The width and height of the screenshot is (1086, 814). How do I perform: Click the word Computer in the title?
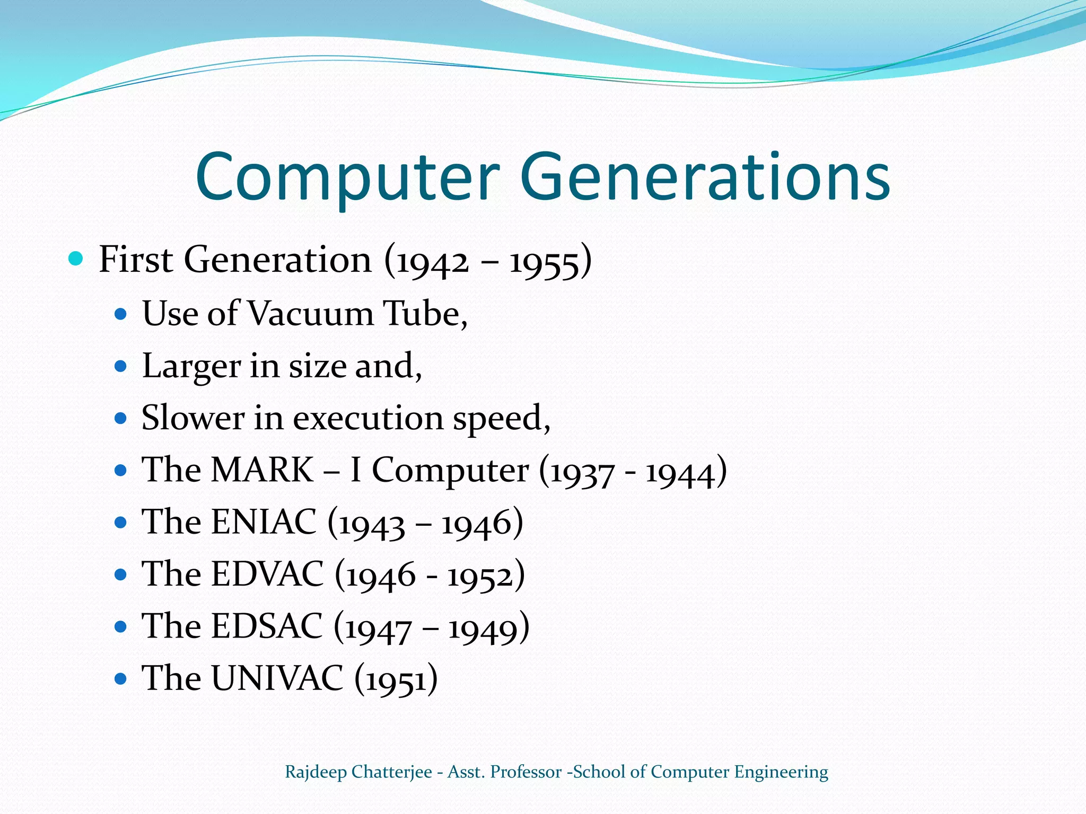(x=347, y=178)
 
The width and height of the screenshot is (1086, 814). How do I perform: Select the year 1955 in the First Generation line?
(x=544, y=262)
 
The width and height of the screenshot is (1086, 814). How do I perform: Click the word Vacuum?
(x=311, y=313)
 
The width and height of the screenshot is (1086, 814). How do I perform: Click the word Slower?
(x=193, y=418)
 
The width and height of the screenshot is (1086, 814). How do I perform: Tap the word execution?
(x=368, y=418)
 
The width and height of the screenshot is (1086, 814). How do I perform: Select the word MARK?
(x=262, y=470)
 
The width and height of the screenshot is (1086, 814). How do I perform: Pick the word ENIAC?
(x=264, y=521)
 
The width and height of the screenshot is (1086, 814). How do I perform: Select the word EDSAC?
(x=267, y=625)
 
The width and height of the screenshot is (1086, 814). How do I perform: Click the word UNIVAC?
(x=277, y=678)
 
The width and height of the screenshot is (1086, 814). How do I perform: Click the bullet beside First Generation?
(x=76, y=259)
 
